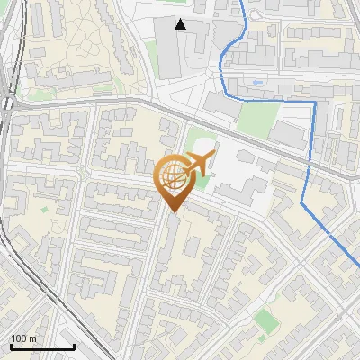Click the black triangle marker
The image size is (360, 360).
pyautogui.click(x=181, y=24)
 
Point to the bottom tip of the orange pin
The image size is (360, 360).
pyautogui.click(x=172, y=212)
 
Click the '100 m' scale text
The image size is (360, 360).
pyautogui.click(x=23, y=338)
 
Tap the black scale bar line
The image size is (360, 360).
pyautogui.click(x=42, y=346)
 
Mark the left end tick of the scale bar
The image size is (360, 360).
pyautogui.click(x=11, y=345)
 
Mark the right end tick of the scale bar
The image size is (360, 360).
pyautogui.click(x=74, y=345)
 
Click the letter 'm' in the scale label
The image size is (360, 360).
pyautogui.click(x=32, y=338)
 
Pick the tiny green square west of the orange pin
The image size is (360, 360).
pyautogui.click(x=43, y=210)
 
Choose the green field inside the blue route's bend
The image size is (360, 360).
pyautogui.click(x=258, y=117)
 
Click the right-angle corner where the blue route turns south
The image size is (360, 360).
pyautogui.click(x=315, y=103)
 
